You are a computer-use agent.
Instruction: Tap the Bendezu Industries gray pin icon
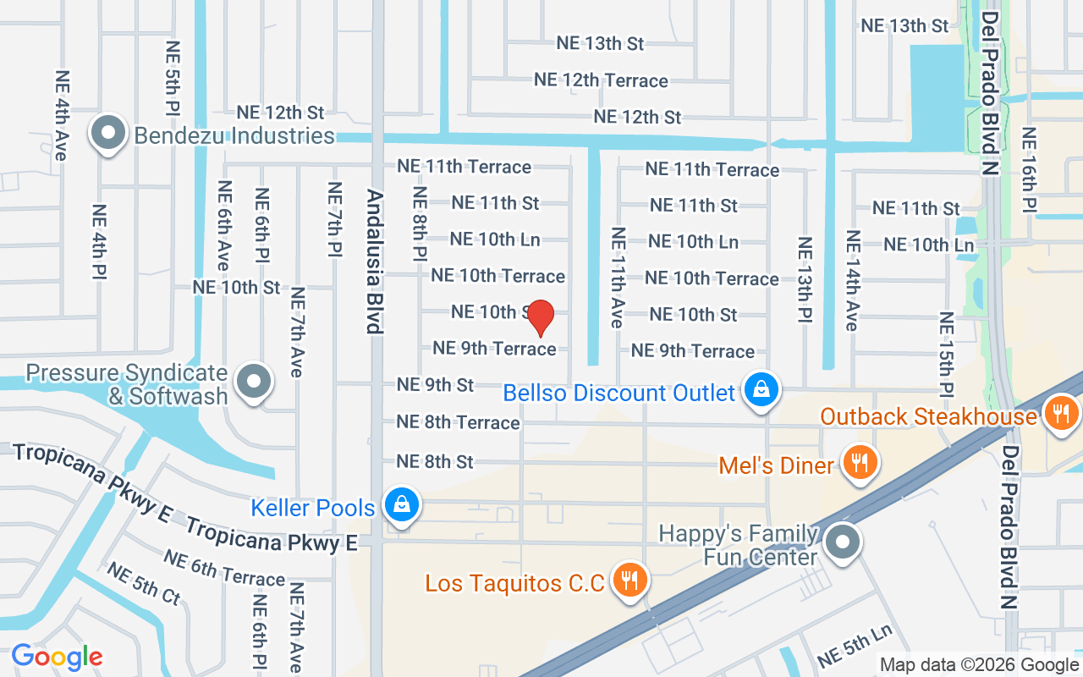[109, 135]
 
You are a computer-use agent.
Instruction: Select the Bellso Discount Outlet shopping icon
[761, 390]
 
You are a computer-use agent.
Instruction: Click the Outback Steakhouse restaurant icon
[1058, 414]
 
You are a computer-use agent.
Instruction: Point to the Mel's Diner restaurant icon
[860, 462]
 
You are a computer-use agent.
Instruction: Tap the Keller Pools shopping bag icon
[402, 504]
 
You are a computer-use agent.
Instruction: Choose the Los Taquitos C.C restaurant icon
[628, 580]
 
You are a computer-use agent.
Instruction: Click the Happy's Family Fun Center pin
[842, 541]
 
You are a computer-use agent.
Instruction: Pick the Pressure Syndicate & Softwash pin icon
[253, 382]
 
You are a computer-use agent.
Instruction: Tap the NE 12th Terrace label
[601, 80]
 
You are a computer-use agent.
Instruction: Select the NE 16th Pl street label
[1029, 169]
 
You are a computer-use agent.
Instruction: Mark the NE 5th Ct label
[143, 583]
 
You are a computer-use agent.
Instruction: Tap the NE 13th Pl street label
[805, 278]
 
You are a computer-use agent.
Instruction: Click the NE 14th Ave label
[851, 280]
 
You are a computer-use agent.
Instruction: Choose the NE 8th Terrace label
[458, 421]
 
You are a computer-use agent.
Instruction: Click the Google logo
[57, 657]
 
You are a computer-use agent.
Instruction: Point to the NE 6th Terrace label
[224, 568]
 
